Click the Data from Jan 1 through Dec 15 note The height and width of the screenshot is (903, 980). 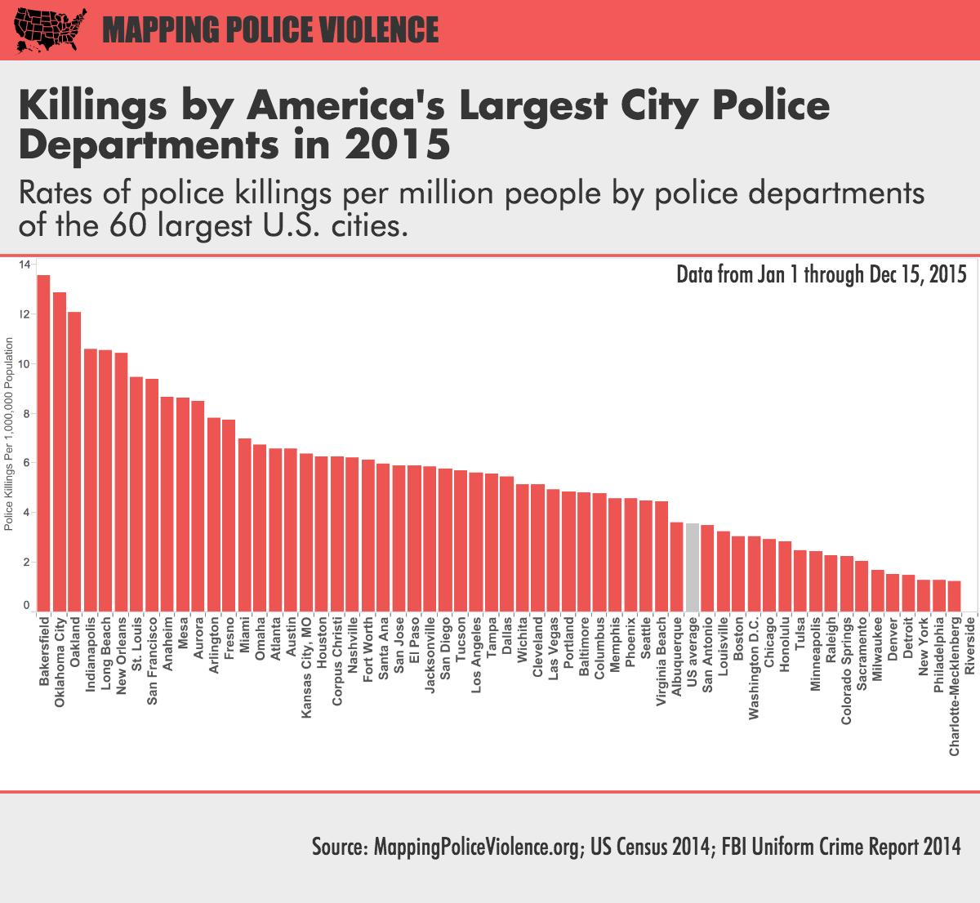[x=821, y=274]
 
